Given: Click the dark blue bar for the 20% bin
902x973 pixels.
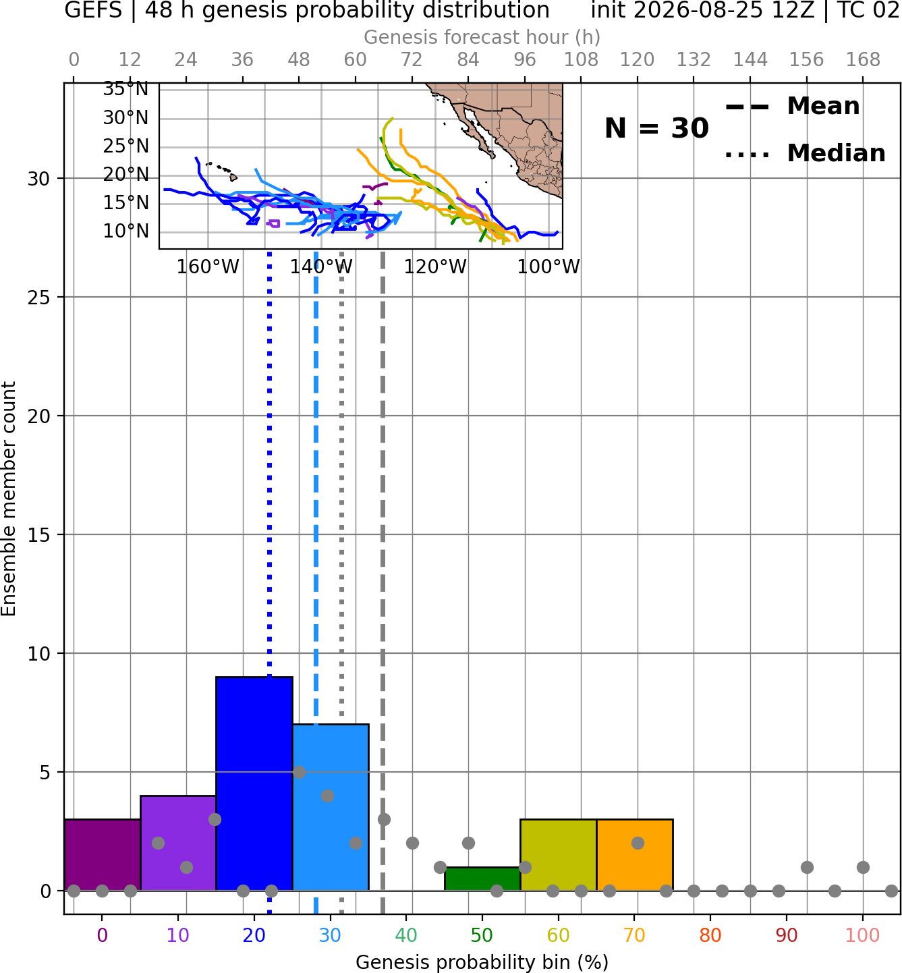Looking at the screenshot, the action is [254, 784].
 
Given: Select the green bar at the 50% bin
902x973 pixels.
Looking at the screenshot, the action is [482, 879].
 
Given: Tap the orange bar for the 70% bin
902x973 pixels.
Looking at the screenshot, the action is [635, 855].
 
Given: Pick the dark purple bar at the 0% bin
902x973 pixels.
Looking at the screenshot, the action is [103, 855].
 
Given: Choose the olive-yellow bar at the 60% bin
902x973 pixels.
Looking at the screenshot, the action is [559, 855].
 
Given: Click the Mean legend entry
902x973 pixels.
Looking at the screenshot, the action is [792, 107].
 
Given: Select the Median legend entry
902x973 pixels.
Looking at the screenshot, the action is [805, 153].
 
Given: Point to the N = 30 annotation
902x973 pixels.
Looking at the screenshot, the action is [656, 128].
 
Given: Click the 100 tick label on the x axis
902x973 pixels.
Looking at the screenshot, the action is [863, 935].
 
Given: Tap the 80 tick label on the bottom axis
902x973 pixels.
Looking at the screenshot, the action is [710, 935].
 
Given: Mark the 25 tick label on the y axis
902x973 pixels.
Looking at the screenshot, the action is [39, 298].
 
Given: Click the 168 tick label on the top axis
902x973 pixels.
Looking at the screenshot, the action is [864, 60].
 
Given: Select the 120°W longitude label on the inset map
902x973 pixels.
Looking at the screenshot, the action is [435, 267].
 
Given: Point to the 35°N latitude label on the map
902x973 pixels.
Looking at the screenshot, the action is [125, 89].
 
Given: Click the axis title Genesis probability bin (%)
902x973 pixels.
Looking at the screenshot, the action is [482, 962].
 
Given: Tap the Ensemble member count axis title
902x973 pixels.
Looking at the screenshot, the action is [9, 499].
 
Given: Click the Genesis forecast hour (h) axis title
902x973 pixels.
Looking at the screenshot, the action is [482, 37].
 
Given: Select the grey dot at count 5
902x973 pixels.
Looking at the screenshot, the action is [300, 772].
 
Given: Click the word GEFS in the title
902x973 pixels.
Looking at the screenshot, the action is [93, 10].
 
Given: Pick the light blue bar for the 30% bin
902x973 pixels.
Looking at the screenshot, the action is [331, 808].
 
